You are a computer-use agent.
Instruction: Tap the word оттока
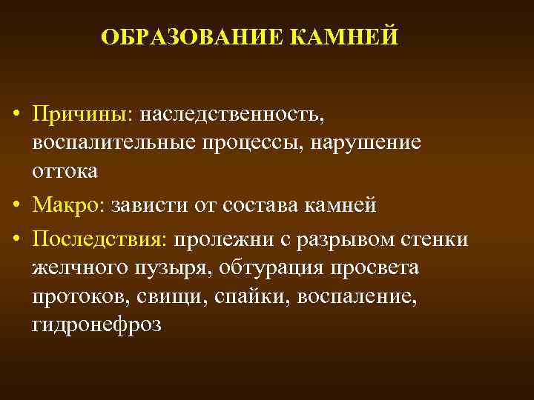65,170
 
